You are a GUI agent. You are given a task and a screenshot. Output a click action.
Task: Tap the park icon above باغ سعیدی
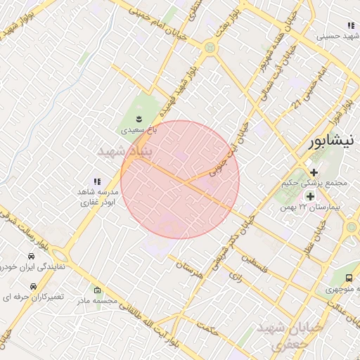(x=139, y=117)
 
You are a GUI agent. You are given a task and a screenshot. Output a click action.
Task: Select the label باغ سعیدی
(x=139, y=130)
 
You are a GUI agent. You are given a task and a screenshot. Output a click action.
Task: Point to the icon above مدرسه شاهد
(x=97, y=181)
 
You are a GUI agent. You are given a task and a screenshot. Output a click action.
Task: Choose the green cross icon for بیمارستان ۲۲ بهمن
(x=310, y=196)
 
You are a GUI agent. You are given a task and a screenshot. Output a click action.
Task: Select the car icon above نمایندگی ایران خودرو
(x=32, y=256)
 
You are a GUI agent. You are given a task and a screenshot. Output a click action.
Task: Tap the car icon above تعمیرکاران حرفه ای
(x=32, y=286)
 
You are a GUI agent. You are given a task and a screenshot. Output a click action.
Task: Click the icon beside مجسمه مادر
(x=97, y=290)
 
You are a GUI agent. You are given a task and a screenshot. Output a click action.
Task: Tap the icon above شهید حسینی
(x=351, y=25)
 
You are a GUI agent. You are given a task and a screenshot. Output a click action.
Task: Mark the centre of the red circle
(x=180, y=180)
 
